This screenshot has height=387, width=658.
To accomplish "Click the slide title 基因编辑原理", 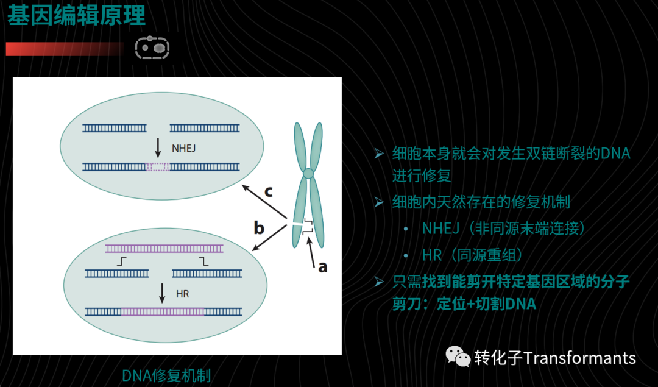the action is coord(76,15).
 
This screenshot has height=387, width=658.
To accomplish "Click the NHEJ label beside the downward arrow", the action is coord(183,148).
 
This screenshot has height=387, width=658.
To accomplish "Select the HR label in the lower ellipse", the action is coord(182,294).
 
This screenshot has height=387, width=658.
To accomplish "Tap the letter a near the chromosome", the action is coord(322,267).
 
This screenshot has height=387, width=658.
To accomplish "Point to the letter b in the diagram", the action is coord(259,227).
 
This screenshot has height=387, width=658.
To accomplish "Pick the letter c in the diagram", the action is coord(269,192).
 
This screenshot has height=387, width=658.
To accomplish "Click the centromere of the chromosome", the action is coord(308,173).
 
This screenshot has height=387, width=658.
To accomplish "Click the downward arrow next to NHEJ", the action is coord(158,147).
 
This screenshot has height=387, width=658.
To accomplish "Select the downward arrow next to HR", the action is coord(163,293).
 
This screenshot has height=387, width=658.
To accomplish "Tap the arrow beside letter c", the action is coord(264,202).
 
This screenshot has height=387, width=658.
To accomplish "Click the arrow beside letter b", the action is coord(269,238).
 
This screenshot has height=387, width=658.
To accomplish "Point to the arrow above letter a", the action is coord(311,252).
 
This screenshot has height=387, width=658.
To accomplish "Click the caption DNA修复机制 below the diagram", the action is coord(166,375).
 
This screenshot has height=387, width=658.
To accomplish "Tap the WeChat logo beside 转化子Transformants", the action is coord(458,357).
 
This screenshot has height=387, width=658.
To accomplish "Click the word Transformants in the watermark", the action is coord(579,358).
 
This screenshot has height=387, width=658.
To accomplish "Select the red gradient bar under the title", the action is coord(65,49).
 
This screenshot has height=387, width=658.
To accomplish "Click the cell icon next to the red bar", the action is coord(152,48).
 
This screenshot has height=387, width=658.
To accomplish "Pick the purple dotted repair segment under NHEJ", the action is coord(158,167).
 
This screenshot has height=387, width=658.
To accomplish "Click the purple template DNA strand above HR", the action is coord(164,249).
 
